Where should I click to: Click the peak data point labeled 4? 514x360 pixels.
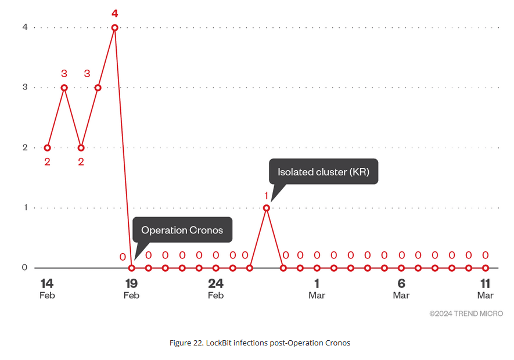pyautogui.click(x=115, y=27)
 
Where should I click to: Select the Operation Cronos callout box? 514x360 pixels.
pyautogui.click(x=182, y=230)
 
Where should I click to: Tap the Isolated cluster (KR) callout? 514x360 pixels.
pyautogui.click(x=323, y=172)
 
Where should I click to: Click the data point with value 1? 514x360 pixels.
pyautogui.click(x=267, y=207)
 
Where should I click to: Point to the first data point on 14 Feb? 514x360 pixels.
pyautogui.click(x=48, y=147)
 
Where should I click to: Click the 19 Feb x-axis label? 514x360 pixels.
pyautogui.click(x=131, y=289)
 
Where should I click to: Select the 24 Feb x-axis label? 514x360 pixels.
pyautogui.click(x=215, y=289)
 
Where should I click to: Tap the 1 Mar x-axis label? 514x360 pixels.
pyautogui.click(x=317, y=289)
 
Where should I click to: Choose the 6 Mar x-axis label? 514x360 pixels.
pyautogui.click(x=401, y=289)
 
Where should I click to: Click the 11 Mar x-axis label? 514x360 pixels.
pyautogui.click(x=485, y=289)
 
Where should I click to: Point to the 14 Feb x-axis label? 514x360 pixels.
pyautogui.click(x=47, y=289)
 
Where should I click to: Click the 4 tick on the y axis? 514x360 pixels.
pyautogui.click(x=25, y=27)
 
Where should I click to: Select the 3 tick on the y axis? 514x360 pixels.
pyautogui.click(x=25, y=87)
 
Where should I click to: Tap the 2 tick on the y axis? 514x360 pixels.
pyautogui.click(x=25, y=147)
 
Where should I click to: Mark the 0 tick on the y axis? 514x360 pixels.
pyautogui.click(x=25, y=268)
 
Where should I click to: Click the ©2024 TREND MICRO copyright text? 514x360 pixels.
pyautogui.click(x=466, y=314)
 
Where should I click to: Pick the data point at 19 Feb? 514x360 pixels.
pyautogui.click(x=132, y=268)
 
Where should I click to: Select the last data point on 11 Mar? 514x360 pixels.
pyautogui.click(x=486, y=268)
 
